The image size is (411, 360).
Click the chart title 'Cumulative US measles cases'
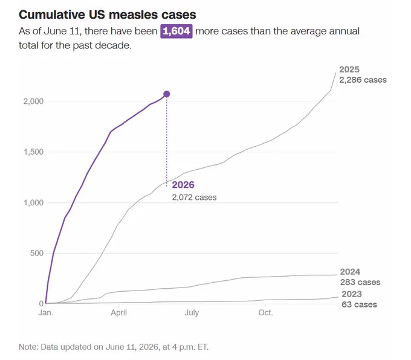point(108,14)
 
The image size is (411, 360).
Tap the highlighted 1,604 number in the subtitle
point(176,31)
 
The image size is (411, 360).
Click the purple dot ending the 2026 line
point(166,94)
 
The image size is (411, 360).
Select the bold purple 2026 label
point(183,185)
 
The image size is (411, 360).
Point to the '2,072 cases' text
point(194,198)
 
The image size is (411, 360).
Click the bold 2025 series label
point(349,69)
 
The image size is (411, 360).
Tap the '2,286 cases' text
point(363,80)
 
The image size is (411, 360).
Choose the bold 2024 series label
point(350,272)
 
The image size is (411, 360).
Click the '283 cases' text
point(360,282)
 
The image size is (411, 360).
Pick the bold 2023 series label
point(352,294)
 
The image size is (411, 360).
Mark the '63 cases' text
point(360,304)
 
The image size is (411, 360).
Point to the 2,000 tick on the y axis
point(33,101)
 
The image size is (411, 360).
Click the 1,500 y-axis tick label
point(33,152)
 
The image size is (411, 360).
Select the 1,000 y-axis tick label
point(33,203)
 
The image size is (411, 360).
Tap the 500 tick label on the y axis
point(37,253)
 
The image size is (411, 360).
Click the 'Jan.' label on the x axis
point(46,312)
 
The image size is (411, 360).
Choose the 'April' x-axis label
point(118,313)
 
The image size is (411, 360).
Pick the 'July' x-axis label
point(192,313)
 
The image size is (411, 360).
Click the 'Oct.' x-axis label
point(265,312)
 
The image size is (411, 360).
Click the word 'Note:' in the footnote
point(29,347)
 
